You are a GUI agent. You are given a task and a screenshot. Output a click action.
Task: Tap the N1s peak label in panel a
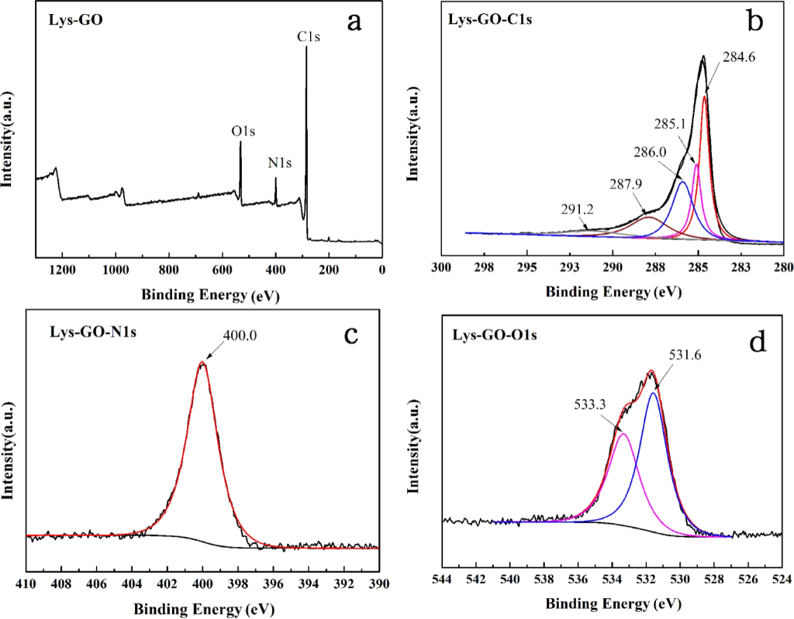(x=280, y=163)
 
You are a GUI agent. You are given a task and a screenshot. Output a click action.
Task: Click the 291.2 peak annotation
(x=575, y=209)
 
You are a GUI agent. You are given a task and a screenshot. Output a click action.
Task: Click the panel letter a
(x=354, y=22)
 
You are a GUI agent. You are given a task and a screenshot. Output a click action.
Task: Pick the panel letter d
(x=757, y=340)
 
